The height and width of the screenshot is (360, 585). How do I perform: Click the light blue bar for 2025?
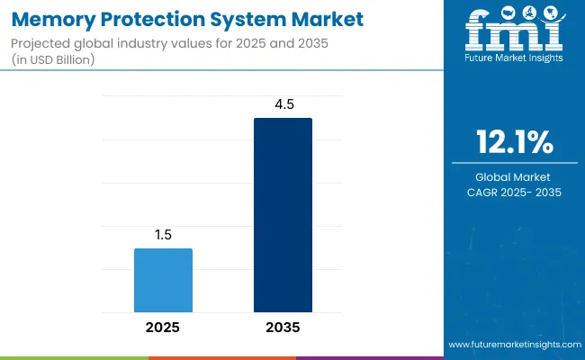(163, 280)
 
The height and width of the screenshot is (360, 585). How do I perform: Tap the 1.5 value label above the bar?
(163, 234)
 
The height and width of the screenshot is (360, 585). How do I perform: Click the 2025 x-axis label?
(163, 328)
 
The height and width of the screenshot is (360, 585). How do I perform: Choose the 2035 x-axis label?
(283, 328)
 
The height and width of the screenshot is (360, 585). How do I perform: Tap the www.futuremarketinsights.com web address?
(513, 345)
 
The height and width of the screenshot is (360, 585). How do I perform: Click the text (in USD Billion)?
(54, 59)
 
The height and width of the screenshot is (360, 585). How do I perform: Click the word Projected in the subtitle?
(40, 43)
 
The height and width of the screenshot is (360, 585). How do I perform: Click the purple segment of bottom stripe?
(369, 357)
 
